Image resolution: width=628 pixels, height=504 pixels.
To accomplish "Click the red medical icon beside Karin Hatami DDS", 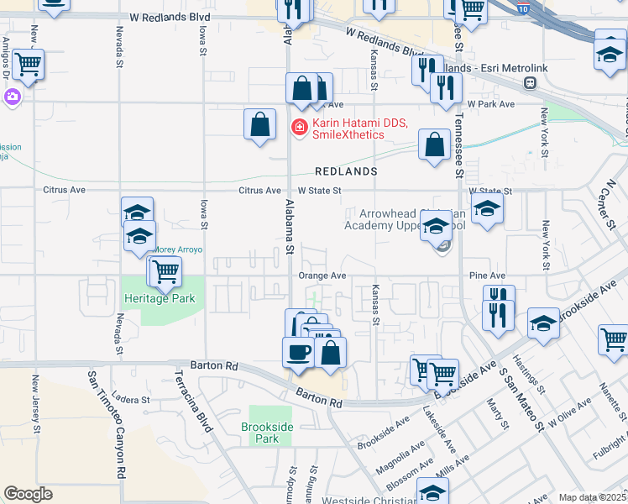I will [x=298, y=127].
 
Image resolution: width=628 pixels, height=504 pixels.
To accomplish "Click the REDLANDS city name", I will [x=346, y=171].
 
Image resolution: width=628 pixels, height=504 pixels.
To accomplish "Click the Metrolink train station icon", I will [x=530, y=82].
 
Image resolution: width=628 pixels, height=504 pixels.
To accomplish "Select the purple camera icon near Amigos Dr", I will [x=12, y=97].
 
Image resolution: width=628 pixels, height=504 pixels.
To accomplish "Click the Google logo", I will [x=28, y=493].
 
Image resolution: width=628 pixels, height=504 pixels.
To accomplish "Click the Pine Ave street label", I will [x=488, y=276].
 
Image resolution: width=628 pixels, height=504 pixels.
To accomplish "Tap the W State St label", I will [x=318, y=191].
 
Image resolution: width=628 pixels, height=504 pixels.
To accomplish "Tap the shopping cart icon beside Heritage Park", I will [x=166, y=270].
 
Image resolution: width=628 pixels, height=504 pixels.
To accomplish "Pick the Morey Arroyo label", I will [x=177, y=249].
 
